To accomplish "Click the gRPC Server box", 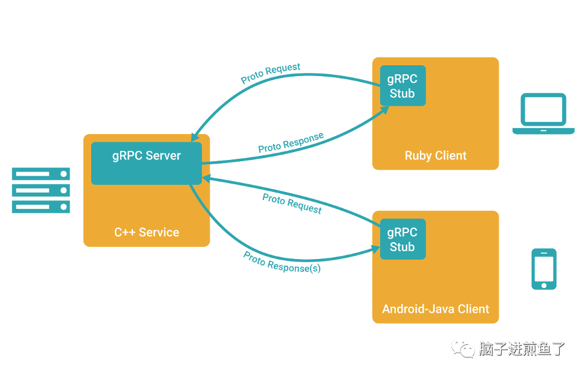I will tap(146, 163).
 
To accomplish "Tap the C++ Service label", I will tap(147, 232).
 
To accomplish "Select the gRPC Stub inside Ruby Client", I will tap(402, 86).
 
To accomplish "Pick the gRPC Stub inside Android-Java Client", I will tap(402, 239).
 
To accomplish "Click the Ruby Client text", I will tap(436, 156).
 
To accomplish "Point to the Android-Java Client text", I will tap(436, 309).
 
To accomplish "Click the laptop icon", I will tap(543, 114).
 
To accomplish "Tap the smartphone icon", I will tap(544, 269).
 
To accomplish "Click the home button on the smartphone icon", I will tap(544, 284).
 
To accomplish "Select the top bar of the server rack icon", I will tap(41, 174).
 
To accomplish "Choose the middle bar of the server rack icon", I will tap(41, 190).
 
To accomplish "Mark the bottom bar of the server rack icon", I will tap(41, 207).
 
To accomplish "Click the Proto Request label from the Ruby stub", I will tap(271, 73).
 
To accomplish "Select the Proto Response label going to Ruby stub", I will tap(291, 143).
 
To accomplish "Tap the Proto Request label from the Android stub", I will tap(292, 204).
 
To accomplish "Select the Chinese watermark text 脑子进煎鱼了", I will tap(522, 348).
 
